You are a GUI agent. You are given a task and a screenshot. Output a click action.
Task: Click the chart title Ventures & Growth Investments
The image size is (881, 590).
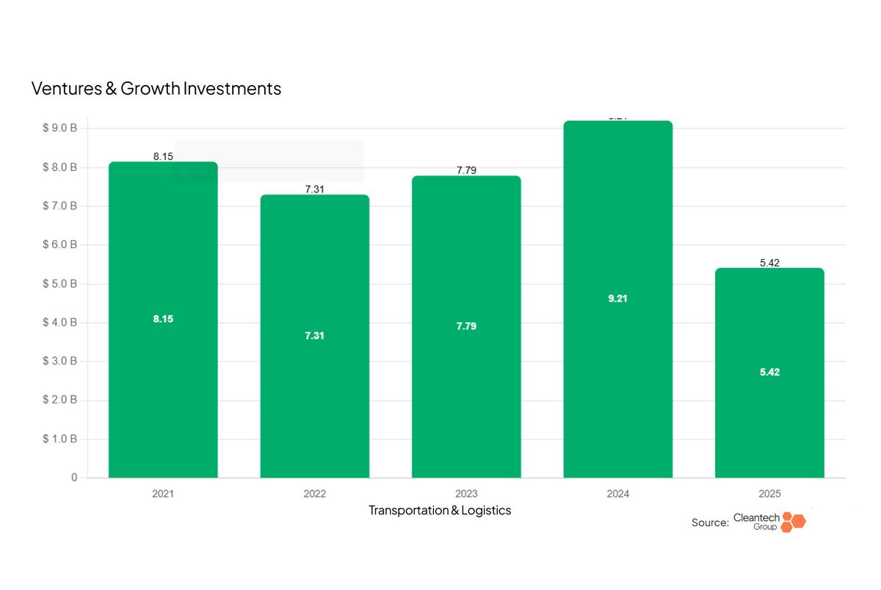(156, 89)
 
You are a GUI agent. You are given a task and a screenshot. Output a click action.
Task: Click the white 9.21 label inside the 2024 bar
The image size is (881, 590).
(617, 299)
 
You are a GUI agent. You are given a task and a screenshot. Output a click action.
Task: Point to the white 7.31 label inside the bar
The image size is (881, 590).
(314, 335)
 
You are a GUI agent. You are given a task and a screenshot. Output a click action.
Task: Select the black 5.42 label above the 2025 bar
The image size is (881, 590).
(769, 263)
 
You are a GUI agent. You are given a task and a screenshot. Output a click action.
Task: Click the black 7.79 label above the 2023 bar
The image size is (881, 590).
(466, 170)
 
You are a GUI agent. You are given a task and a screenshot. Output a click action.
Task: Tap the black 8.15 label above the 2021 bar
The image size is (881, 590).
(163, 156)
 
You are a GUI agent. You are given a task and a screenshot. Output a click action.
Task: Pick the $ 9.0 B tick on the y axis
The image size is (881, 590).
(59, 128)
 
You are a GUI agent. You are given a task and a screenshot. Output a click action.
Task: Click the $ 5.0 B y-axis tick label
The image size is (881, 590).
(59, 284)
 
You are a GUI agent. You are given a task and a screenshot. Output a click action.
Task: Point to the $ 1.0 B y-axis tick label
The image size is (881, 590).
(59, 439)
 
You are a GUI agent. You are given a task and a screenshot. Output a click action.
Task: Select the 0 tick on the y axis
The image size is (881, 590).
(74, 478)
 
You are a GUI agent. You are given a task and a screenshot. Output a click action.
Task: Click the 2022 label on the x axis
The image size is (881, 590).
(314, 494)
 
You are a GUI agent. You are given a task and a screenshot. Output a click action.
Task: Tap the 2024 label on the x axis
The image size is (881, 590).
(617, 494)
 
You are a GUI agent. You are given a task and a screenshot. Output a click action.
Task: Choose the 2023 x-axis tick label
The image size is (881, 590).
(466, 494)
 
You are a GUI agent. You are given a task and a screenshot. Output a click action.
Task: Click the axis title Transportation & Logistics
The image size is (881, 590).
(440, 510)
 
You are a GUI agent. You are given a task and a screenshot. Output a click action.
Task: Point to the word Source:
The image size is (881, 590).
(710, 522)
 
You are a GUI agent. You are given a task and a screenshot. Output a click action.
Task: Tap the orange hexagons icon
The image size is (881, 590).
(792, 522)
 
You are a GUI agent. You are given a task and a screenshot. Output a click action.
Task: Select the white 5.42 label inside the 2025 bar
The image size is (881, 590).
(769, 372)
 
